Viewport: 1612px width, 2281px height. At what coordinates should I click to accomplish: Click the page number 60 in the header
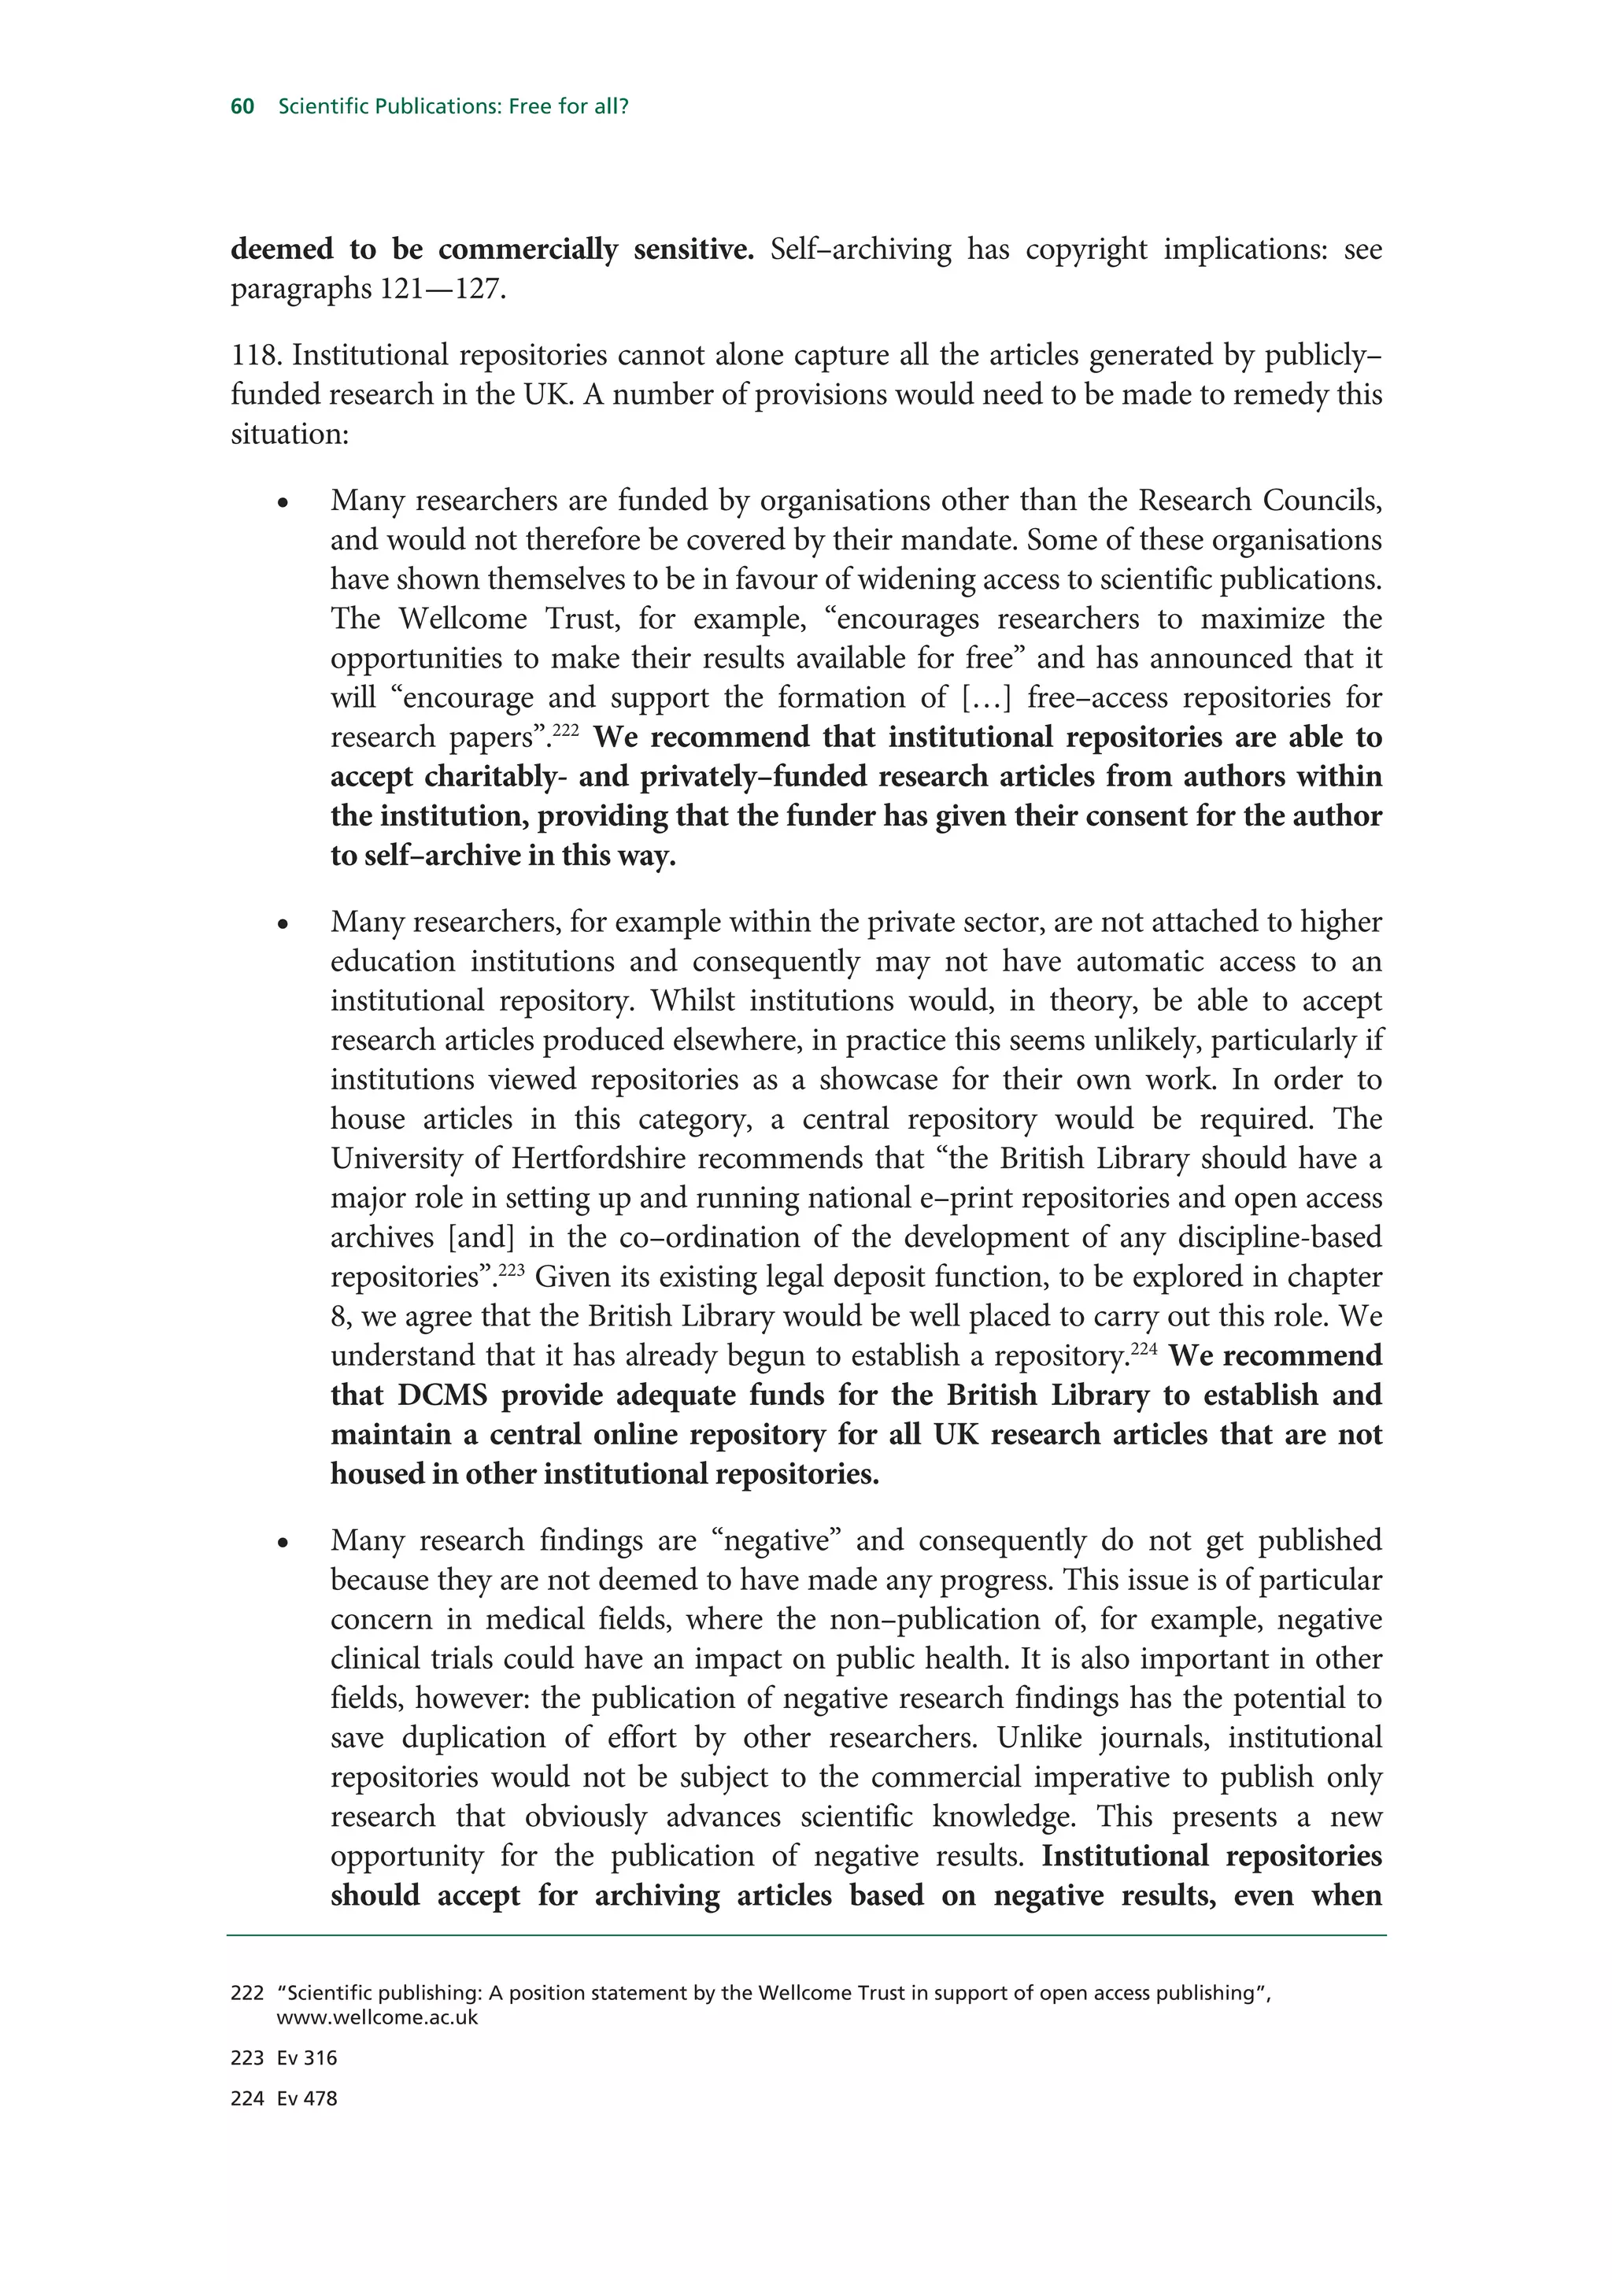242,106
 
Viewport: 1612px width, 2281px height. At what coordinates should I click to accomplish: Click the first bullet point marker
283,504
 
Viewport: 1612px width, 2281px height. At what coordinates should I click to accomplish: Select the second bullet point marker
283,925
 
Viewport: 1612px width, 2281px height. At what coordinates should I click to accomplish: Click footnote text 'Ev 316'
307,2057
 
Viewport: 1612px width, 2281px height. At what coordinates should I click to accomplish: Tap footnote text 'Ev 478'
307,2098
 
